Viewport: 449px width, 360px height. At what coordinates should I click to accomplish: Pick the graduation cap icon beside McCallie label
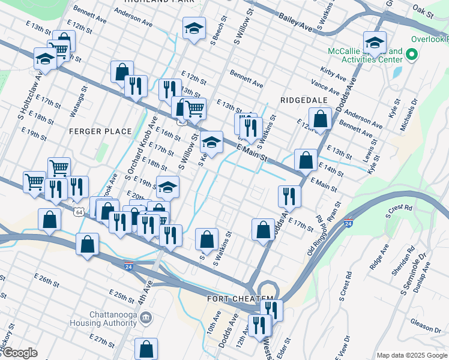coord(375,43)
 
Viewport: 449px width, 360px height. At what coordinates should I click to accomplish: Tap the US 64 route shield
coord(79,212)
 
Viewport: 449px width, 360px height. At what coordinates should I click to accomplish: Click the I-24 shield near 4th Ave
coord(128,265)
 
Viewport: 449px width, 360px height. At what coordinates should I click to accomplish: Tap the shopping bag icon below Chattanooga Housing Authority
coord(146,349)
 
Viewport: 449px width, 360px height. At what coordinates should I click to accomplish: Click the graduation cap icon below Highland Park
coord(194,29)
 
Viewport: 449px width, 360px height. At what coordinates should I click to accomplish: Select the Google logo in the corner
coord(19,353)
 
